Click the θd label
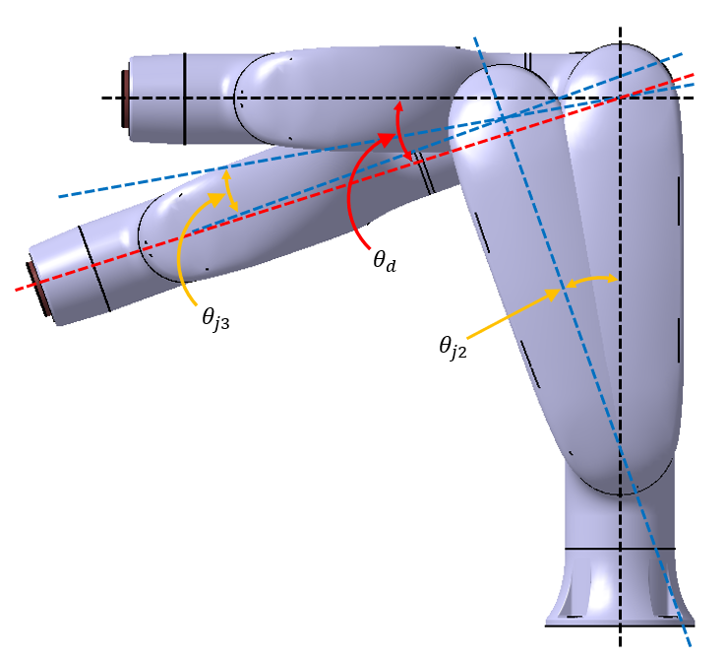pyautogui.click(x=384, y=263)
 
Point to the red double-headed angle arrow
pyautogui.click(x=402, y=129)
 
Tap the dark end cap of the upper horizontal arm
pyautogui.click(x=125, y=99)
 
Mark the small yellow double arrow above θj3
pyautogui.click(x=230, y=189)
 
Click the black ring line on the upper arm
pyautogui.click(x=184, y=98)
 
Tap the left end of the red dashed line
pyautogui.click(x=18, y=290)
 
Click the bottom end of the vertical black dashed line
pyautogui.click(x=620, y=646)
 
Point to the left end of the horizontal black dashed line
pyautogui.click(x=102, y=98)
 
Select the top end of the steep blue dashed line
pyautogui.click(x=475, y=38)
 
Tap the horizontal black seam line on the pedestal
pyautogui.click(x=620, y=548)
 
